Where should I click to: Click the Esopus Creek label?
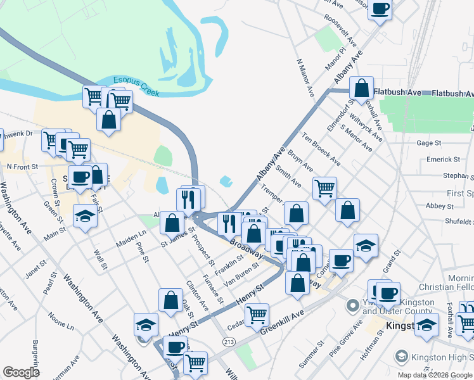pos(136,87)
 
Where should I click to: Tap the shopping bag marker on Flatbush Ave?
pos(361,89)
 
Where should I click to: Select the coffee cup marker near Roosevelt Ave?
pos(380,9)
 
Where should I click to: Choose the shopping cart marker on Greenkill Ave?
pos(257,314)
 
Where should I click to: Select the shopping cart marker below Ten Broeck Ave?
pos(324,187)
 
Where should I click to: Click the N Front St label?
pos(22,166)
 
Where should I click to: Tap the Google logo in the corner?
pos(21,372)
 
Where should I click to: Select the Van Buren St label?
pos(243,270)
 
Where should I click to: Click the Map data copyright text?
pos(435,375)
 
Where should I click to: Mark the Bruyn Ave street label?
pos(300,160)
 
